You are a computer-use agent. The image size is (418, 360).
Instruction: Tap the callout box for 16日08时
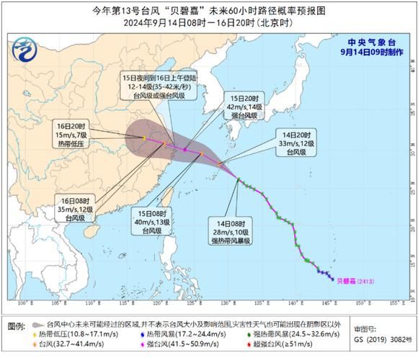click(x=74, y=210)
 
